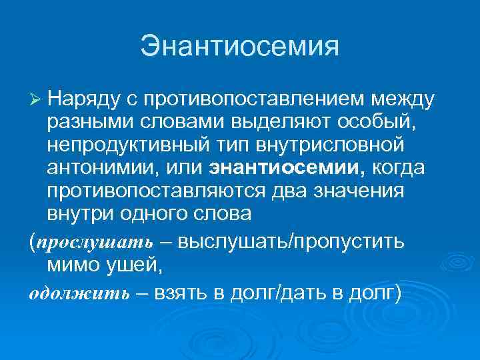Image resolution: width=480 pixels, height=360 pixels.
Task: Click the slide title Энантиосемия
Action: (x=239, y=47)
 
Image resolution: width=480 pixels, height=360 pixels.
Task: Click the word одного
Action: (x=156, y=214)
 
